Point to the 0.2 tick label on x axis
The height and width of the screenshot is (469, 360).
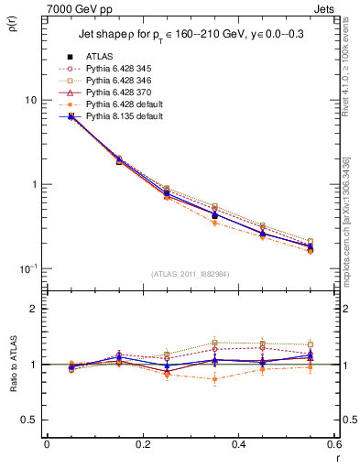[142, 444]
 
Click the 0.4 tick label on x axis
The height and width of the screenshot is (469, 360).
[237, 444]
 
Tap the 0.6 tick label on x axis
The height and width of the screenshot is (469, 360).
[332, 444]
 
